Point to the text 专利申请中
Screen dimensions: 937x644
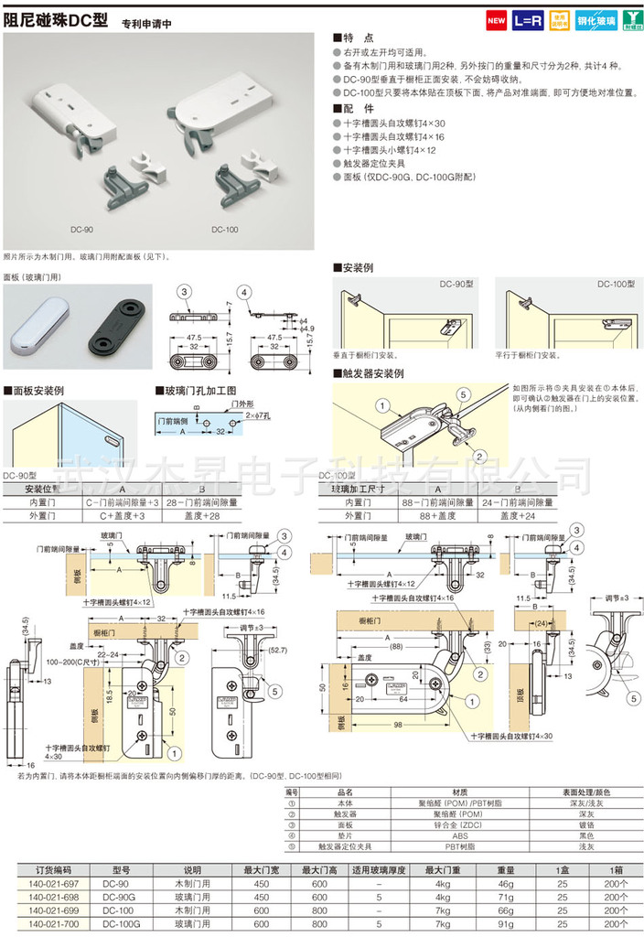(147, 21)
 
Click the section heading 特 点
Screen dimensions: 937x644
(358, 39)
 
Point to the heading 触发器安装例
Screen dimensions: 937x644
(372, 373)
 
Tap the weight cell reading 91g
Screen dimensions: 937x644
(502, 924)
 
